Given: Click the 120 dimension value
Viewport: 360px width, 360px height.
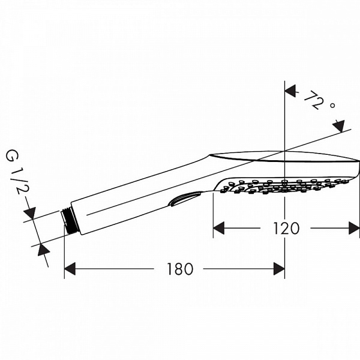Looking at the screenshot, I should [286, 228].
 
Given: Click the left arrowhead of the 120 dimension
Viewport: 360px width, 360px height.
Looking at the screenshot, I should [220, 228].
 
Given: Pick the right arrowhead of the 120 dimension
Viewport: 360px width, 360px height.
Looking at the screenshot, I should [354, 228].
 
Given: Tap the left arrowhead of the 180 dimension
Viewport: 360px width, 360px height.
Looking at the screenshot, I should [70, 269].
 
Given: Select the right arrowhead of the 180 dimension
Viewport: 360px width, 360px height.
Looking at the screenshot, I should [278, 269].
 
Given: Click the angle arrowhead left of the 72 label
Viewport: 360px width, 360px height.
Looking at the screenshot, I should [290, 91].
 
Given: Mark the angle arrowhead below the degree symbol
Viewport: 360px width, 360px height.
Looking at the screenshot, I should [340, 126].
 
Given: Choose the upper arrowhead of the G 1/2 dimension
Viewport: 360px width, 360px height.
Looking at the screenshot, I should [30, 214].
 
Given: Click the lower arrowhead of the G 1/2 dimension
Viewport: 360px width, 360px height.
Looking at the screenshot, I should [43, 249].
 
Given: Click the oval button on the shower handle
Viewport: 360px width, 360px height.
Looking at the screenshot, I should [184, 198].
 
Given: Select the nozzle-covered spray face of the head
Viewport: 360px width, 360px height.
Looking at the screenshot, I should [282, 185].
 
